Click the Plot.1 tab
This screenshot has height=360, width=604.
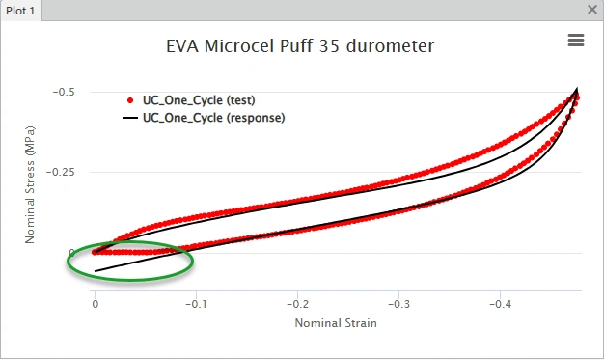[20, 11]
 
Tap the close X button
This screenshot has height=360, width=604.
[592, 10]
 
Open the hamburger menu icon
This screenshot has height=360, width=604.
[576, 41]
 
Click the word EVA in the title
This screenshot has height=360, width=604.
[182, 46]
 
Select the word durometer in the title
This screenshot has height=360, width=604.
[390, 46]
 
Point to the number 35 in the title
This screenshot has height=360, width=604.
[329, 46]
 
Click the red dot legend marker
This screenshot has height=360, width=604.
[130, 100]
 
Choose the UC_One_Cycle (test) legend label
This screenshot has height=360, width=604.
[199, 100]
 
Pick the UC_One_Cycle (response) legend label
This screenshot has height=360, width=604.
[214, 118]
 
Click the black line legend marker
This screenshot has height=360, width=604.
[130, 118]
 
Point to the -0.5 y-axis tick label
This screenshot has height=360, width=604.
[64, 92]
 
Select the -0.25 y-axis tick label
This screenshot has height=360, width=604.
[61, 172]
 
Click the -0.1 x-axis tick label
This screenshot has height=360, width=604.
[196, 304]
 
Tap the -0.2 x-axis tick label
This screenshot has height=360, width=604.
[297, 304]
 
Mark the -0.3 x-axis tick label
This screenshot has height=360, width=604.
[398, 304]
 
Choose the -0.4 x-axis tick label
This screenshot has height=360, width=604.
[501, 304]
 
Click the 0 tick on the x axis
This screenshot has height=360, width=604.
[96, 304]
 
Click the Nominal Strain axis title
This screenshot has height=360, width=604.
[336, 323]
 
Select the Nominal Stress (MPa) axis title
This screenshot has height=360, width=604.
[30, 184]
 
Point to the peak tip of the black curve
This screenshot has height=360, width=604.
[577, 88]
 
